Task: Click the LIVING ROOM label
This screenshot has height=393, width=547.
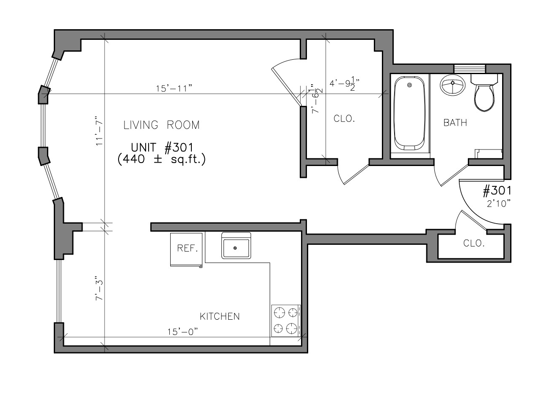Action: coord(161,125)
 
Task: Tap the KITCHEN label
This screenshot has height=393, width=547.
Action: coord(220,316)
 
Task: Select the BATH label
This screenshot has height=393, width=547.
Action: coord(455,123)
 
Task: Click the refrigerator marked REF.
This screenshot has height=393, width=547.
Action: coord(186,249)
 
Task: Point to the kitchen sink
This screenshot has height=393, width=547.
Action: coord(236,246)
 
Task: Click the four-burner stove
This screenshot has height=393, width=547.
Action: coord(286,321)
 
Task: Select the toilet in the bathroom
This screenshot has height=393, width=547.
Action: coord(484,93)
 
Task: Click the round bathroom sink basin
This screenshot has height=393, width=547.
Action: coord(453,84)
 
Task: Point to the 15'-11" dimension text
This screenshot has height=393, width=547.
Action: coord(174,88)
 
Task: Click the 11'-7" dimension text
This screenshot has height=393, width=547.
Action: coord(99,131)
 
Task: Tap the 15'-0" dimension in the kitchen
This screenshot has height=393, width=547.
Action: coord(182,332)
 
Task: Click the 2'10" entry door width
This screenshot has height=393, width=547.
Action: coord(498,203)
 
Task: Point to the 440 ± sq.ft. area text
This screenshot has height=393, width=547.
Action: coord(161,159)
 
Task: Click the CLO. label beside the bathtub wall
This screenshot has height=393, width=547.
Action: coord(344,119)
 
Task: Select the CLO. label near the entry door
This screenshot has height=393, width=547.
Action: coord(474,243)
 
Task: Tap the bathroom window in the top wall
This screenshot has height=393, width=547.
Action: coord(470,69)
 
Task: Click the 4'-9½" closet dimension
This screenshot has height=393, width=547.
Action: coord(344,83)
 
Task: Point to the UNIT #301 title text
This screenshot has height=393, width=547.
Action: coord(162,147)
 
